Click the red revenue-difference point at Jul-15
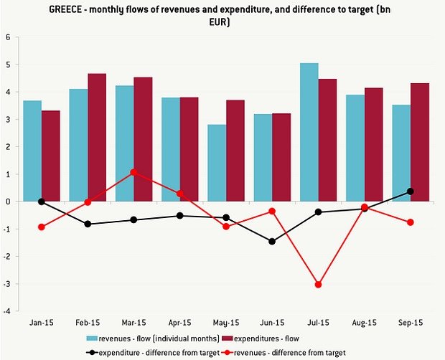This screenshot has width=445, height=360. point(318,285)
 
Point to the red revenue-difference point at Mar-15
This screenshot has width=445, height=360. point(133,173)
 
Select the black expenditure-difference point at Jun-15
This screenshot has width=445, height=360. point(272,242)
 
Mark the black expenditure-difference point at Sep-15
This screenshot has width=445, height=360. point(411,191)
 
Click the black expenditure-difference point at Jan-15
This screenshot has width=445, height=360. point(42,202)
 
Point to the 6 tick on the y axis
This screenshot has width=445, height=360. point(8,37)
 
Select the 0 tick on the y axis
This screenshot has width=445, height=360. point(8,202)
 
